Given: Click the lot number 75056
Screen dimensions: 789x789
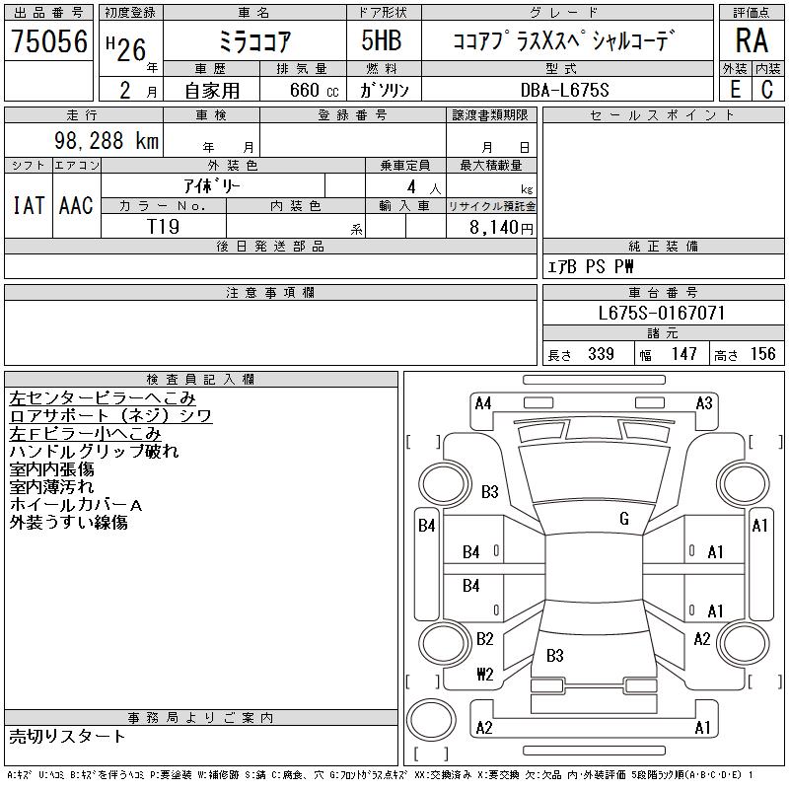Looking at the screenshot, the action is point(49,41).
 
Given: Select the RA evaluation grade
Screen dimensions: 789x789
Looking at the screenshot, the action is point(752,40).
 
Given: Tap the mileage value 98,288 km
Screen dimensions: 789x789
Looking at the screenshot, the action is point(107,140).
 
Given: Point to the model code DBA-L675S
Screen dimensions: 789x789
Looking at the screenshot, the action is point(564,90).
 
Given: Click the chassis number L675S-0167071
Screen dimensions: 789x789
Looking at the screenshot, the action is point(662,313).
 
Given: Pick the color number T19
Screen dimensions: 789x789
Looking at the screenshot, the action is point(163,227).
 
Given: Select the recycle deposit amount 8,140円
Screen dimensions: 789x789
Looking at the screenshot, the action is point(501,228).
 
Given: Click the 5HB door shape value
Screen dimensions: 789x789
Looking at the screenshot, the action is point(382,40).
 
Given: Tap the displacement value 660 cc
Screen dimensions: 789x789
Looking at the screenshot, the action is point(314,90).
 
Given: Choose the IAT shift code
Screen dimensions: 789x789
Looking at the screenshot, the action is point(29,205).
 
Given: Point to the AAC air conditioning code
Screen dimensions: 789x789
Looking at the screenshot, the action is point(76,205).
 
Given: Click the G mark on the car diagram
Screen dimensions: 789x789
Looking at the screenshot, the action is point(624,519).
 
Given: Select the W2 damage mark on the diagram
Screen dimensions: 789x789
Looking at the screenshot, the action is point(485,674).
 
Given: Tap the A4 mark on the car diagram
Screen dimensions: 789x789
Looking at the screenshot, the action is point(483,403).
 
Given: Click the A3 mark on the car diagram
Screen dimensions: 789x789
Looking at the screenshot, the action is point(704,403).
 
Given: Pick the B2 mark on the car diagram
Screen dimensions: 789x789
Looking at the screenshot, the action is point(485,638).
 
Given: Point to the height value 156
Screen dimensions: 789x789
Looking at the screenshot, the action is point(762,354).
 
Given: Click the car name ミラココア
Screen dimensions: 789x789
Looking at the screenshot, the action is point(254,41).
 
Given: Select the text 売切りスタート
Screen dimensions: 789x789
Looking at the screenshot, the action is point(67,737).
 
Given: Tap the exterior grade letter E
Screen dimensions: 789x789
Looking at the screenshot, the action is point(736,90).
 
